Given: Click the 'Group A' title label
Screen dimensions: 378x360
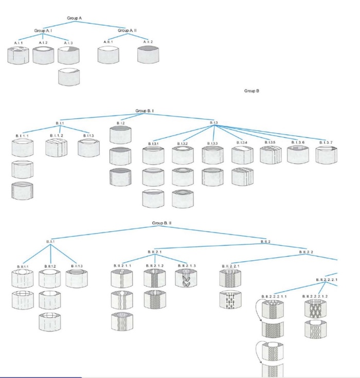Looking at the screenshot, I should (x=75, y=19).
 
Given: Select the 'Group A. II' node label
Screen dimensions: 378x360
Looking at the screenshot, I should (x=127, y=31).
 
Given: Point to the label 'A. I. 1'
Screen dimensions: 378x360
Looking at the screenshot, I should (x=19, y=42).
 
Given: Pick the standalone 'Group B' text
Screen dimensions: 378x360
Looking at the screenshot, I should (x=251, y=91).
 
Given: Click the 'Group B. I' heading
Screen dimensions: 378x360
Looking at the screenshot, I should (x=146, y=111).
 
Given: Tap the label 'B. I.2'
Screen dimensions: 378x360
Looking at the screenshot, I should (x=120, y=123).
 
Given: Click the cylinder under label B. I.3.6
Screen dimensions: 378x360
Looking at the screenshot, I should (x=297, y=154).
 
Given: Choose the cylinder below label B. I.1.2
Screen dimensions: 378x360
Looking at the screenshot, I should (x=56, y=148).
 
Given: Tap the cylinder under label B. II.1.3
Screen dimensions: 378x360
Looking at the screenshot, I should (x=77, y=278).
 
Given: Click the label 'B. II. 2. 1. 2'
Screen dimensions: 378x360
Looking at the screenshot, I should (x=154, y=265).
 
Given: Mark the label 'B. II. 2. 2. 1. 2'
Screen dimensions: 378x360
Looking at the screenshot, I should (x=315, y=296).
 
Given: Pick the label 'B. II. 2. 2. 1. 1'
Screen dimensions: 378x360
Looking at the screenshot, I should (x=274, y=296).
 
